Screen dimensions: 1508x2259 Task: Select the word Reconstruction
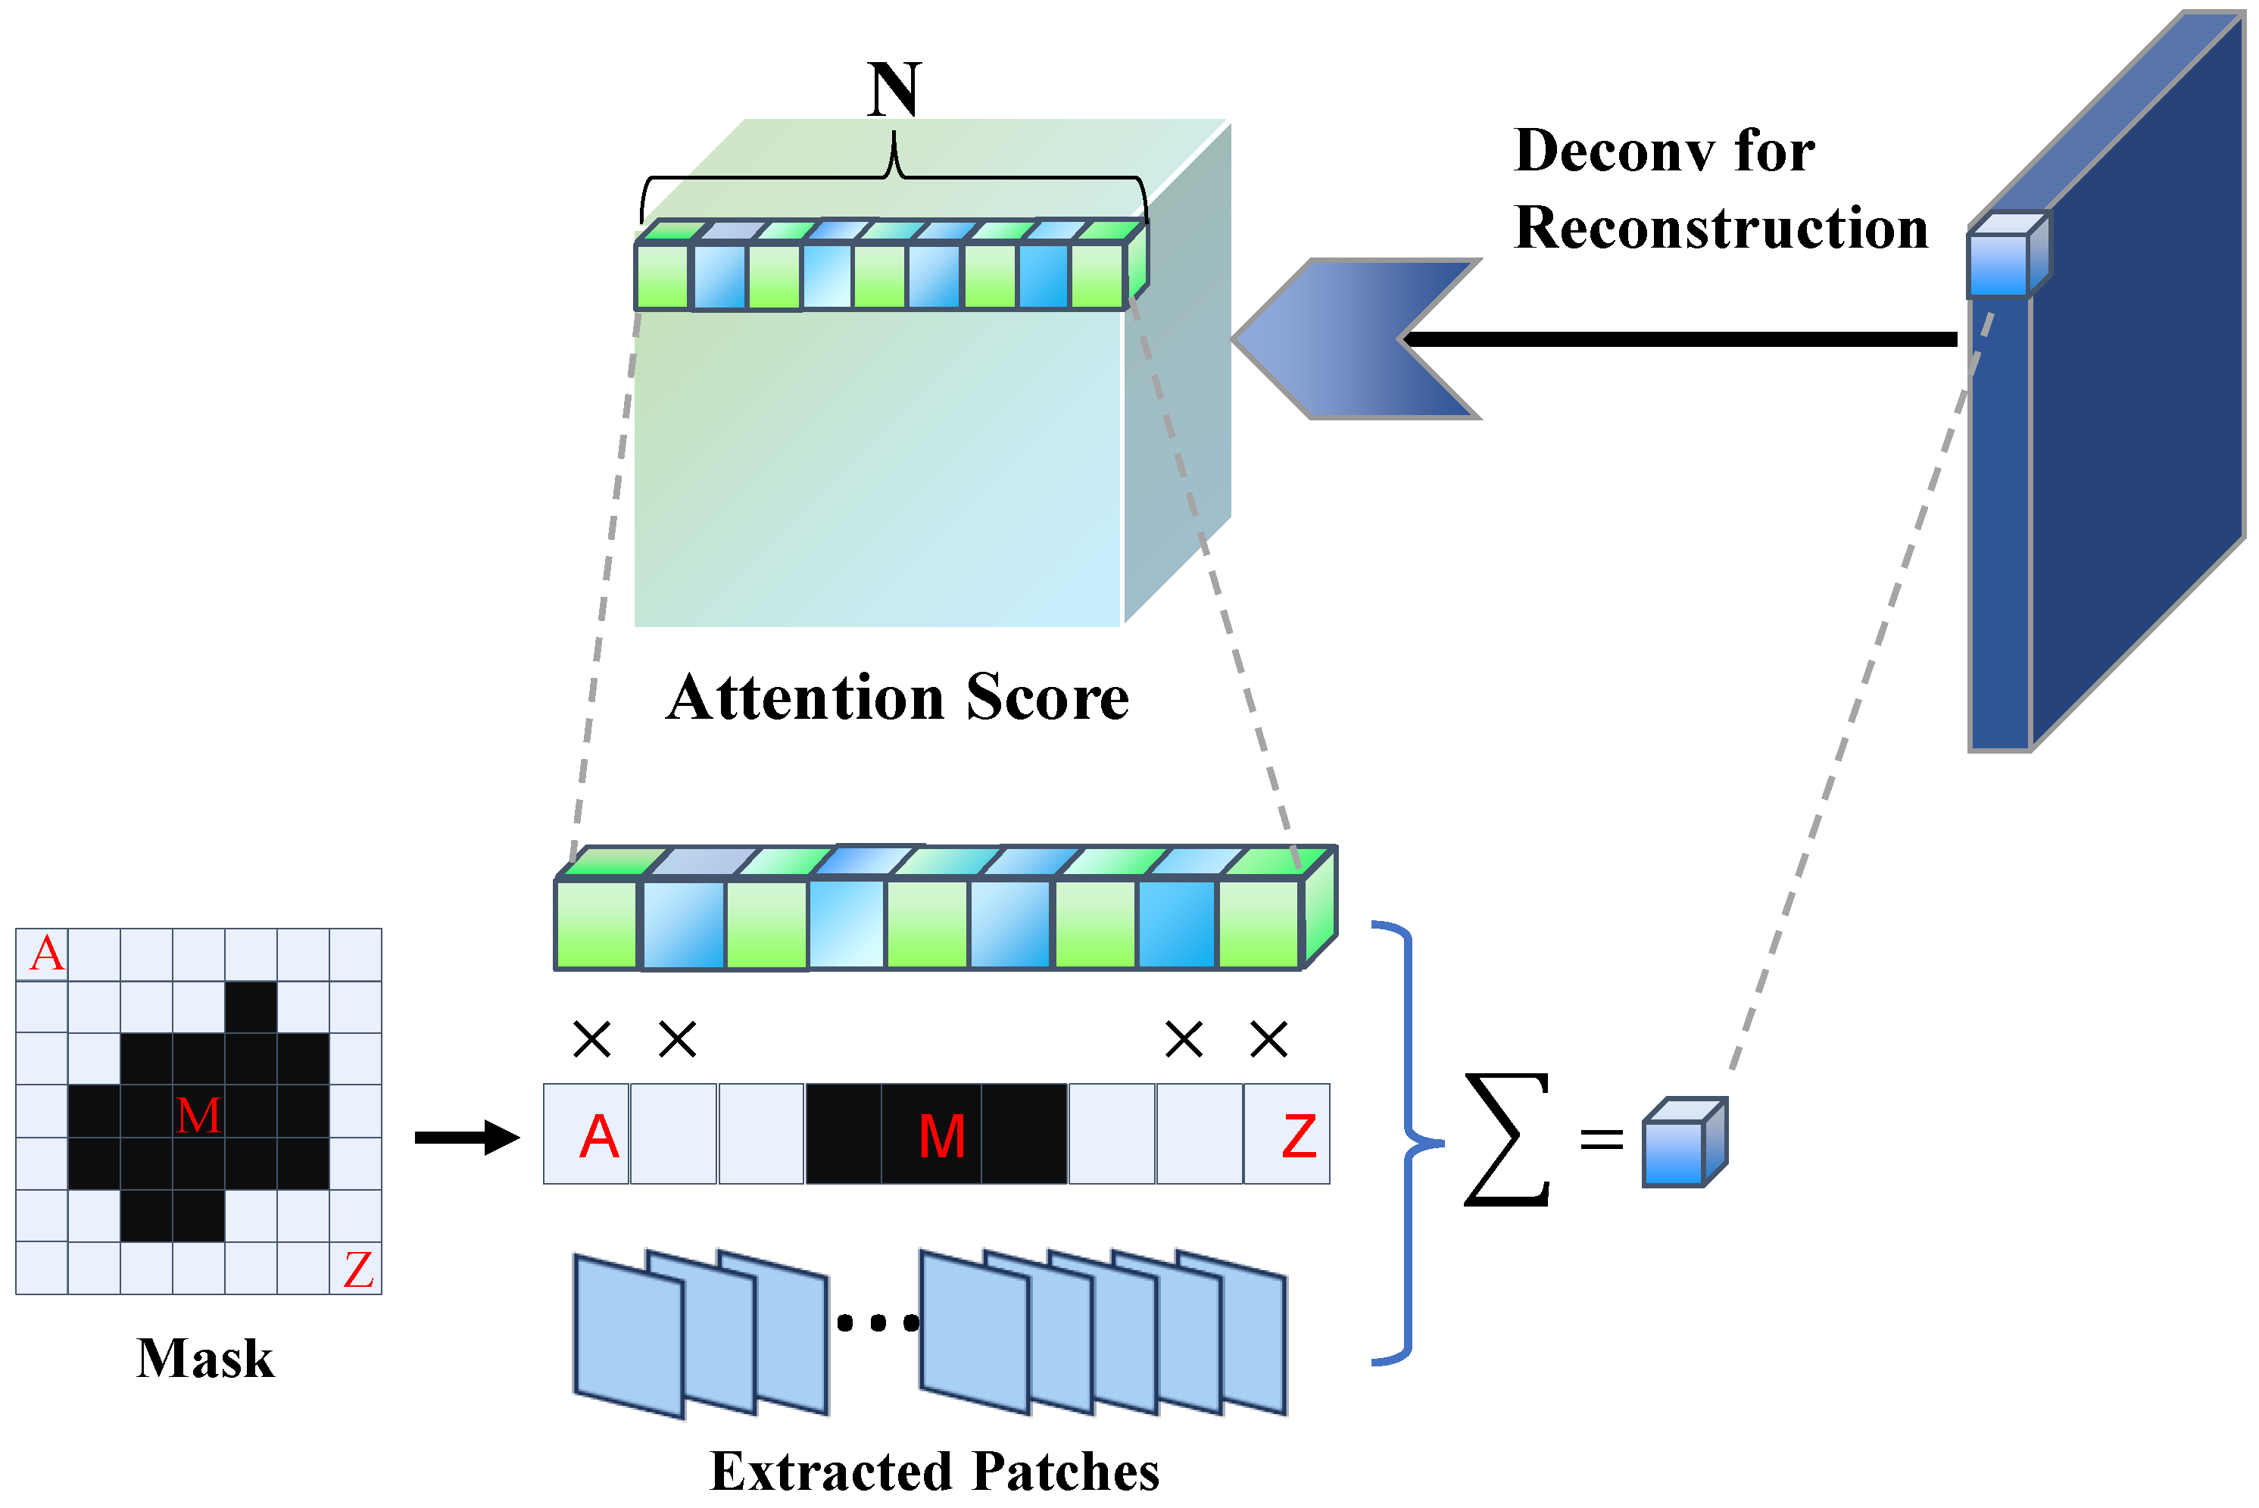(x=1721, y=228)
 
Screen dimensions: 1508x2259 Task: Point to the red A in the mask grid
(x=46, y=954)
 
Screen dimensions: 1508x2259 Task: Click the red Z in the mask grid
(x=357, y=1269)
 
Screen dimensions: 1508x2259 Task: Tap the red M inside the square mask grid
(x=198, y=1116)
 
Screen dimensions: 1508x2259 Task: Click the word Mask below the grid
(x=204, y=1359)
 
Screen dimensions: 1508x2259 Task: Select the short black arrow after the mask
(x=466, y=1138)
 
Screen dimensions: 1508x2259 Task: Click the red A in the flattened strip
(x=599, y=1137)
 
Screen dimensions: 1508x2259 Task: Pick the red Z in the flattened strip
(x=1298, y=1137)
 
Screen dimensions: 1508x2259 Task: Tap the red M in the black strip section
(x=941, y=1137)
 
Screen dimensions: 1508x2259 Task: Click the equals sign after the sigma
(x=1601, y=1141)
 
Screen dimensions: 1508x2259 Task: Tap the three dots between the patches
(x=877, y=1324)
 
